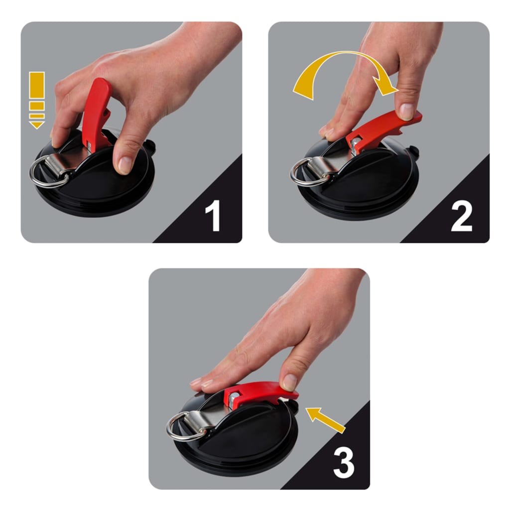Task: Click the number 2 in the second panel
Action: pyautogui.click(x=461, y=217)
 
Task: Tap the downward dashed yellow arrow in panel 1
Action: pyautogui.click(x=37, y=100)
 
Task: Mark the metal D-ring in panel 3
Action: pyautogui.click(x=182, y=428)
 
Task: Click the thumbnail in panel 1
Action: pyautogui.click(x=125, y=164)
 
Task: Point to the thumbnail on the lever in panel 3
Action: pyautogui.click(x=289, y=382)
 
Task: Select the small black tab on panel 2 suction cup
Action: pyautogui.click(x=412, y=150)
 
